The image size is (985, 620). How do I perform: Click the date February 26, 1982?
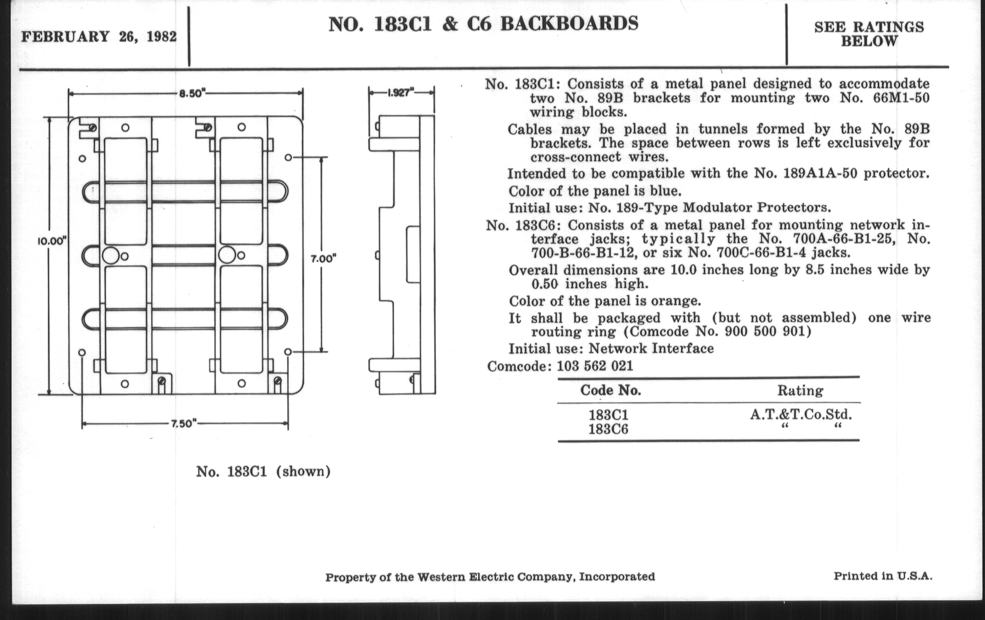(x=99, y=37)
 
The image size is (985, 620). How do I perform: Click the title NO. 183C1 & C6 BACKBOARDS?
(x=484, y=24)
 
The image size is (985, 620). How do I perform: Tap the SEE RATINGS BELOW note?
(x=869, y=34)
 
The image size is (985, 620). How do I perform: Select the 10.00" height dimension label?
(x=52, y=241)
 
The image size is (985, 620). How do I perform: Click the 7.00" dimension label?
(x=324, y=259)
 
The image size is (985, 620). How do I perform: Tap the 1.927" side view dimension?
(x=401, y=92)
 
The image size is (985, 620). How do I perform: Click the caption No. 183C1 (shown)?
(x=263, y=471)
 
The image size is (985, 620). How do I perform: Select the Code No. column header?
(x=610, y=390)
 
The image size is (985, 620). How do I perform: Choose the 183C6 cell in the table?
(x=608, y=429)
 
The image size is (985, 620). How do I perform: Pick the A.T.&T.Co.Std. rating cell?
(x=801, y=415)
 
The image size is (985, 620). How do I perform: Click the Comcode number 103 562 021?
(x=595, y=366)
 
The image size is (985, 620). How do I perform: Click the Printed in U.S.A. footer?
(x=883, y=576)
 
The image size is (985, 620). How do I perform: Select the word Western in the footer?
(x=441, y=577)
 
